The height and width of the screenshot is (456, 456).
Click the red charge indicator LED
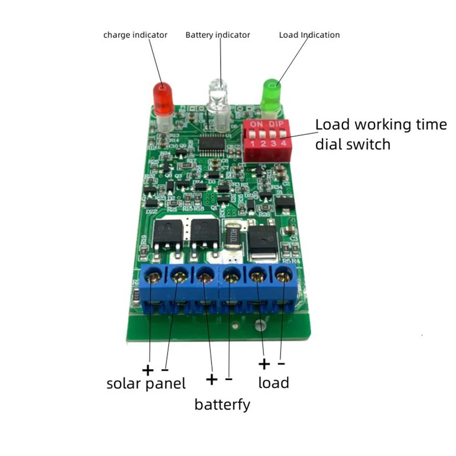[x=163, y=98]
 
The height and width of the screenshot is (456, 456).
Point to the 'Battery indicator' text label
[x=217, y=35]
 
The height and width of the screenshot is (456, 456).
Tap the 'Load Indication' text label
[x=309, y=35]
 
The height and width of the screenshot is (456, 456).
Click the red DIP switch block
[x=266, y=140]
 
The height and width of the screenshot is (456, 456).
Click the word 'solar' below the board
[x=124, y=384]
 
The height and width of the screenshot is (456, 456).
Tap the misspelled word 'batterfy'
[x=222, y=404]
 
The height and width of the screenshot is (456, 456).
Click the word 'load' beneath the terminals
[x=273, y=382]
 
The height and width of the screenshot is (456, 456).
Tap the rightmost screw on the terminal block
[x=284, y=276]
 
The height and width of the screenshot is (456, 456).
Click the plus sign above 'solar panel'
[x=148, y=369]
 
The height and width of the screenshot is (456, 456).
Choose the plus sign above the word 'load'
[x=264, y=364]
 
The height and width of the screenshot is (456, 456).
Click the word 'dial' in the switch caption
[x=331, y=144]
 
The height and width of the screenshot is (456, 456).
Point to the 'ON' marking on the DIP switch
[x=256, y=124]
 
